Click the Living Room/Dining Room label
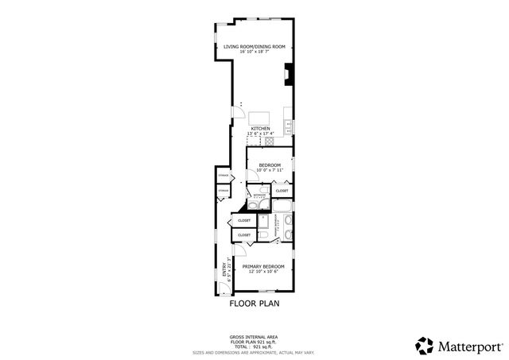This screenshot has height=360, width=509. click(254, 48)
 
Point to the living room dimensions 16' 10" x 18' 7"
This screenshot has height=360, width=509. click(254, 53)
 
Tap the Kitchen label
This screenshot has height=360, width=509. click(260, 128)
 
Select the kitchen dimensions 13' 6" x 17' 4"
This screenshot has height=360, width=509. click(260, 133)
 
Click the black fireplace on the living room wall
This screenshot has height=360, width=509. click(288, 75)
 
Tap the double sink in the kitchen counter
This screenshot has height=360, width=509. click(290, 126)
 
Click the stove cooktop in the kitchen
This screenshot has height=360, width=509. click(270, 141)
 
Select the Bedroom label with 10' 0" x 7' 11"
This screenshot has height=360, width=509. click(270, 165)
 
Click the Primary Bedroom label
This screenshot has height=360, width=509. click(263, 267)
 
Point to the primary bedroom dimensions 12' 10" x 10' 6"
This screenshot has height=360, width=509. click(263, 273)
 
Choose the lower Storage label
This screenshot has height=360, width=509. click(223, 191)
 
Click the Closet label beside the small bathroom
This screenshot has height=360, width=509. click(282, 191)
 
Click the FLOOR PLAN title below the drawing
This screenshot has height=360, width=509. click(254, 304)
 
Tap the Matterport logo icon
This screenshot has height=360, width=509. click(425, 345)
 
